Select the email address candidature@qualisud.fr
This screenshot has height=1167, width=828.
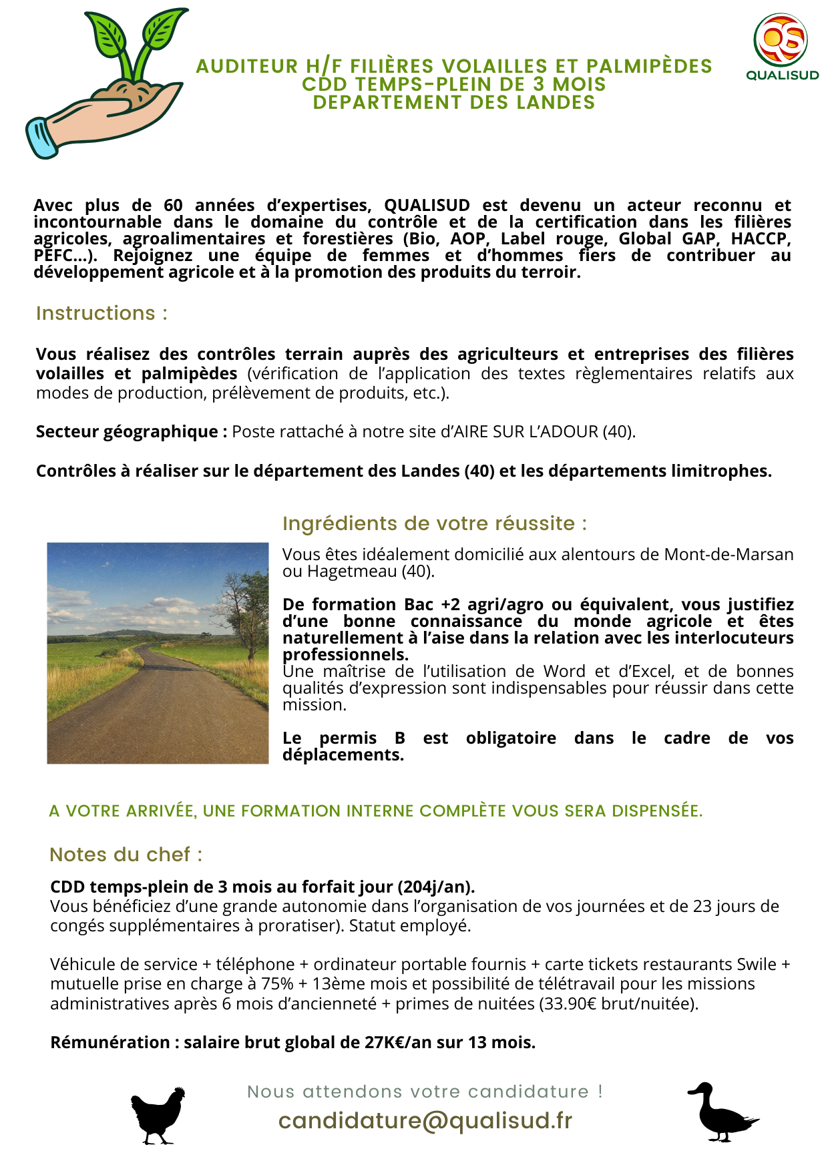(x=425, y=1121)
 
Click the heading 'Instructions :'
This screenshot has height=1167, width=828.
(x=101, y=313)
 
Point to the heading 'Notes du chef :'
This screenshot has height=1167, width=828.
(x=126, y=855)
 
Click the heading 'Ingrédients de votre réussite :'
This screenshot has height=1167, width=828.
(x=435, y=523)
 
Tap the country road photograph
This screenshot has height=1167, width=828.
(x=158, y=653)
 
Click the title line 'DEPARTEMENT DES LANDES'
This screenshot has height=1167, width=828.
(x=454, y=103)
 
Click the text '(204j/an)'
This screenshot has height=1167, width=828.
(x=436, y=887)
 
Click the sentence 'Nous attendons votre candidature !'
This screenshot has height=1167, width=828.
(x=425, y=1092)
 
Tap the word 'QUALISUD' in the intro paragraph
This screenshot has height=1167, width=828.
(x=427, y=206)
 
